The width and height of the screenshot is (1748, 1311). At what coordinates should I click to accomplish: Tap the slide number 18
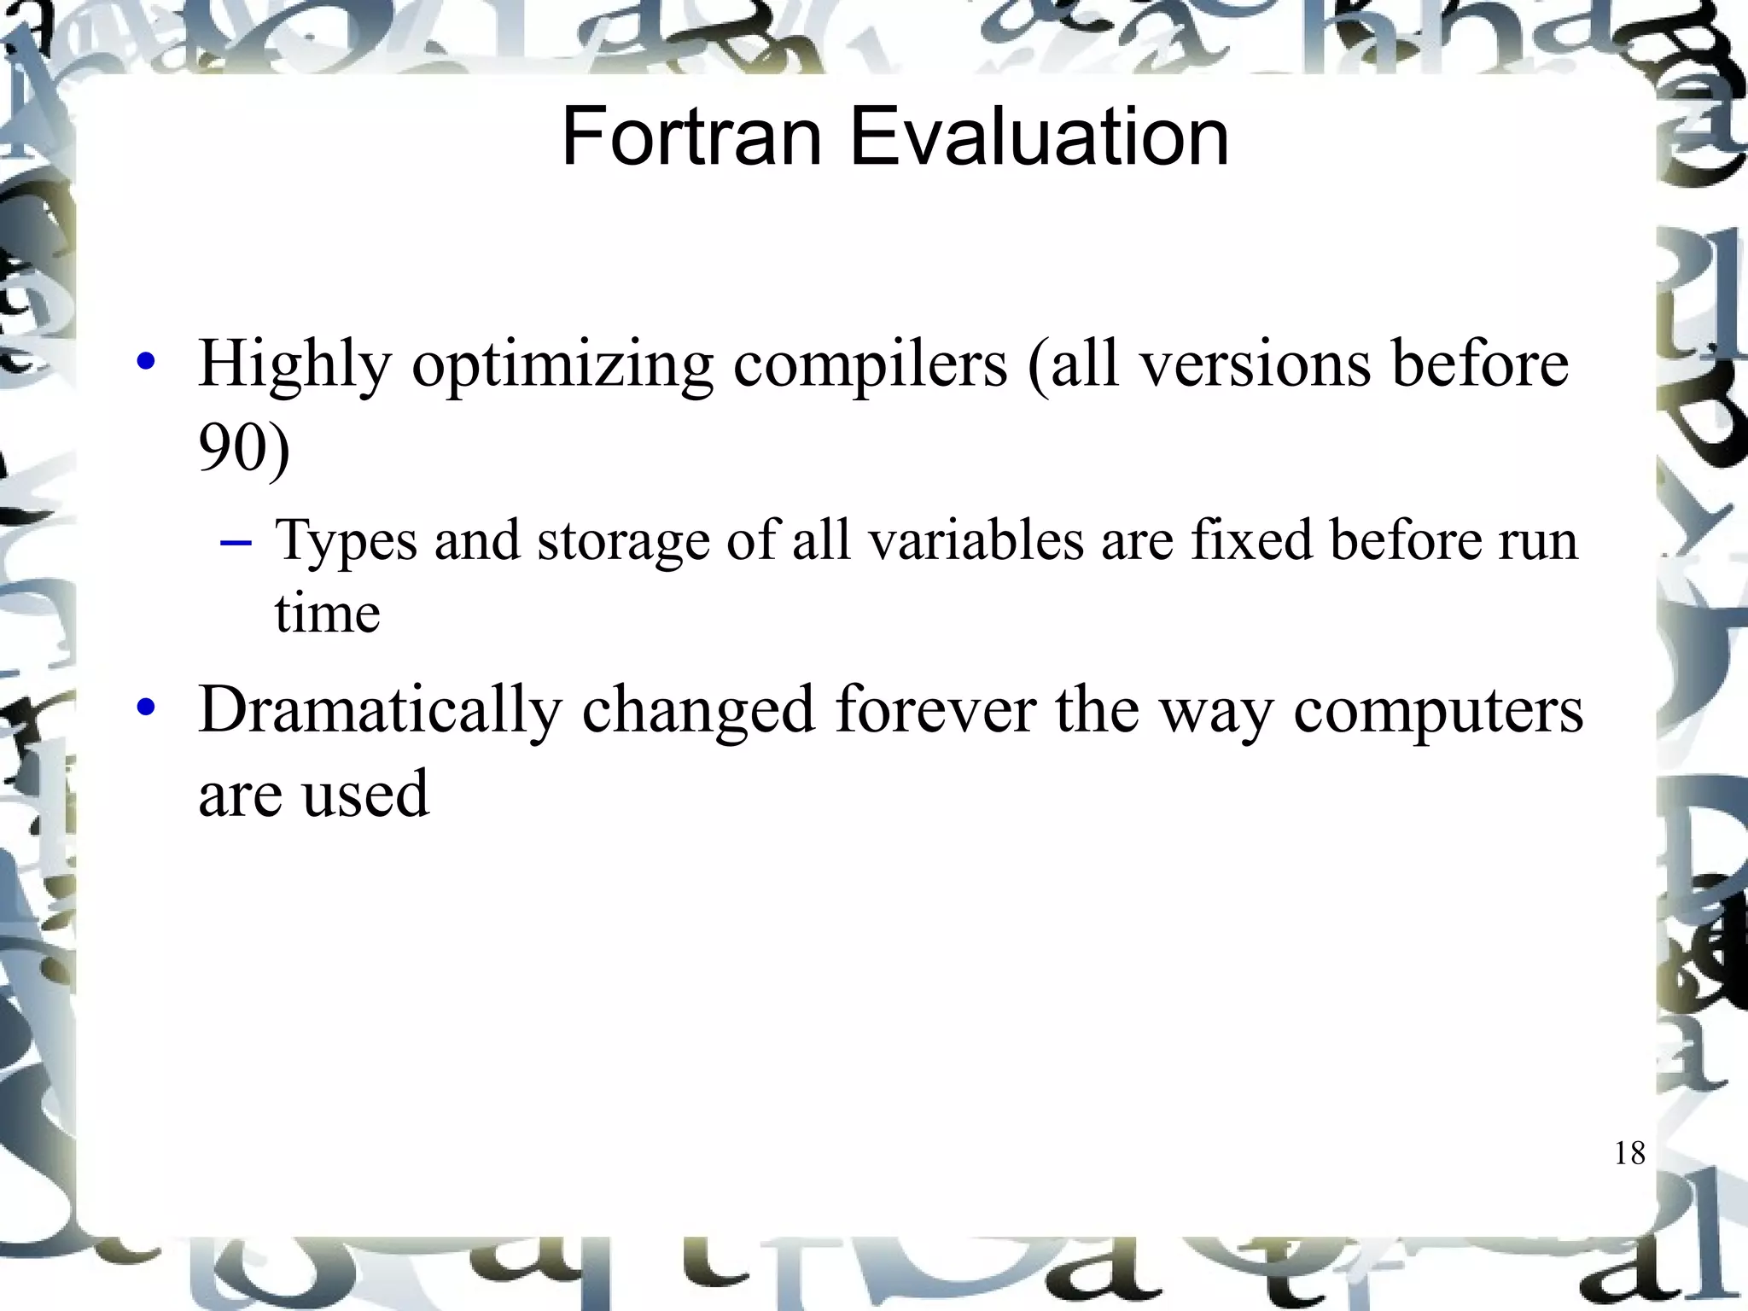(x=1629, y=1153)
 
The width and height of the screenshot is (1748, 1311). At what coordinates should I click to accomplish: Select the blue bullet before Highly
(x=147, y=361)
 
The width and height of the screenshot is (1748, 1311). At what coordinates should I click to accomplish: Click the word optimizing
(x=562, y=365)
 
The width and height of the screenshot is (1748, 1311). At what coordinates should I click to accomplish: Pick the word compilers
(x=870, y=365)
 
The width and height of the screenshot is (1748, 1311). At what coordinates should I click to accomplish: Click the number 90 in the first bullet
(x=228, y=447)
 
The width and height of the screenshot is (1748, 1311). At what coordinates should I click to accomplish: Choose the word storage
(x=623, y=541)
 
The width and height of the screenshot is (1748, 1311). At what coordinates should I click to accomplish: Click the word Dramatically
(x=380, y=710)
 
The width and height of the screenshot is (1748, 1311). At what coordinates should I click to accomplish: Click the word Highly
(x=294, y=365)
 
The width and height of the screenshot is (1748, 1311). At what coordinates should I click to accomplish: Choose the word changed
(x=698, y=710)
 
